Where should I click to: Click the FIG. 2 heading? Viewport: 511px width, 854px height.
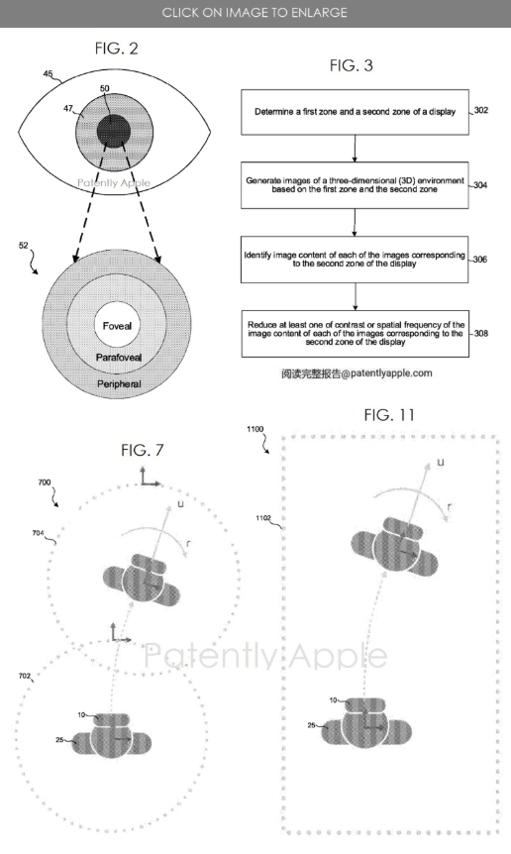point(116,49)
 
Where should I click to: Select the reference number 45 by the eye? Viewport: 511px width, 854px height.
point(48,74)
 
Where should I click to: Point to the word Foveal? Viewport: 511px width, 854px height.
point(117,326)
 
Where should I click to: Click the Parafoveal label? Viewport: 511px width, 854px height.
point(119,358)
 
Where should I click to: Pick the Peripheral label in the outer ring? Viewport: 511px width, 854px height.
point(119,384)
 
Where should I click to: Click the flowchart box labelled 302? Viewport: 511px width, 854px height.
point(355,112)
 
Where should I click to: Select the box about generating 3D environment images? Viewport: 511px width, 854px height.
point(355,185)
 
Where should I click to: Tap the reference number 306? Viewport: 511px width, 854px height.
point(480,260)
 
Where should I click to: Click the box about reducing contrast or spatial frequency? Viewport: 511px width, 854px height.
point(356,334)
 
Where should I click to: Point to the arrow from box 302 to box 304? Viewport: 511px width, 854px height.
point(355,149)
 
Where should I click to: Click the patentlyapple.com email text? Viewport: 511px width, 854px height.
point(357,374)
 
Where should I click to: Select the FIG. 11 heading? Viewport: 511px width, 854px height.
point(389,415)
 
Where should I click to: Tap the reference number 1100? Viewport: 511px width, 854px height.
point(255,429)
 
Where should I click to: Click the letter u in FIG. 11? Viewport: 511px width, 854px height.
point(441,463)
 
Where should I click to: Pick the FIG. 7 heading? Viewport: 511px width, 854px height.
point(142,450)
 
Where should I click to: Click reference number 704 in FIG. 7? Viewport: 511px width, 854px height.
point(38,533)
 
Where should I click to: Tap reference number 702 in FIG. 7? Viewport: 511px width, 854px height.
point(25,676)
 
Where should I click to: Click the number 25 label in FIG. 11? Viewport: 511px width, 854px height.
point(311,725)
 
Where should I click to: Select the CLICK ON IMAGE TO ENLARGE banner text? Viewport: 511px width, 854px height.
point(255,13)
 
